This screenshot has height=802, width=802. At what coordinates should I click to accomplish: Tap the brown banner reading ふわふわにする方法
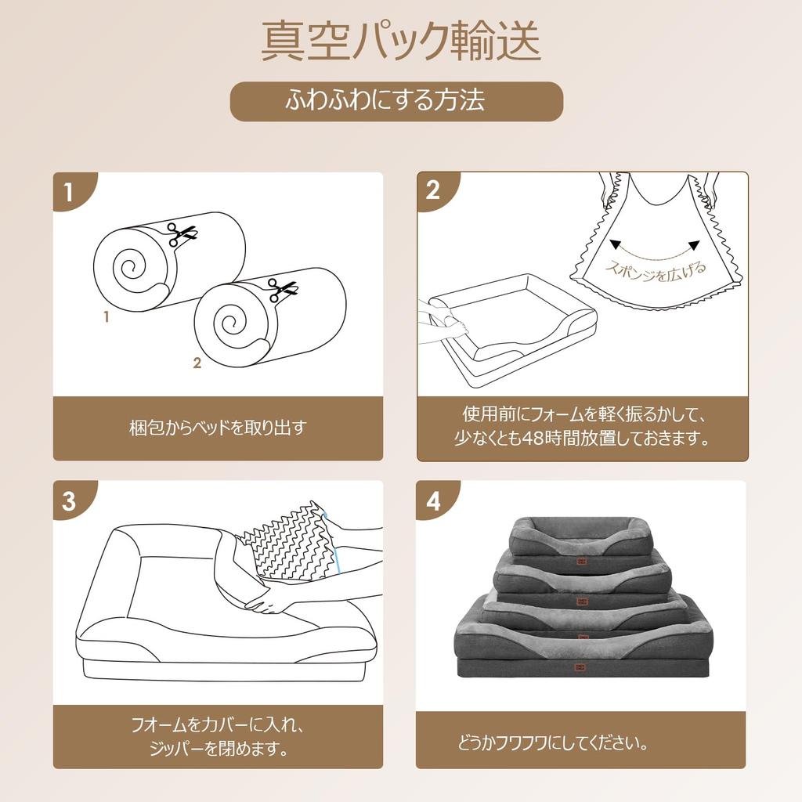tap(396, 101)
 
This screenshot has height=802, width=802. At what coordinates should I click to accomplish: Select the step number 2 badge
tap(433, 191)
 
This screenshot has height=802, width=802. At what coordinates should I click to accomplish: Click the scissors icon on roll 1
tap(182, 233)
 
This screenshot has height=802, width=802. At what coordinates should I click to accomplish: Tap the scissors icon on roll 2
tap(283, 290)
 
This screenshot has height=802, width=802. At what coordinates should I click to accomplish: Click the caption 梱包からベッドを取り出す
tap(218, 428)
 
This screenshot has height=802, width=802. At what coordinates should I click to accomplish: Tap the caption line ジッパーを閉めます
tap(217, 749)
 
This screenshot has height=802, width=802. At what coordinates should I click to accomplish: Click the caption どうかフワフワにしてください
tap(552, 742)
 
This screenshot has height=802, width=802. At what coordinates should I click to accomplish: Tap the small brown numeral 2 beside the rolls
tap(197, 362)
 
